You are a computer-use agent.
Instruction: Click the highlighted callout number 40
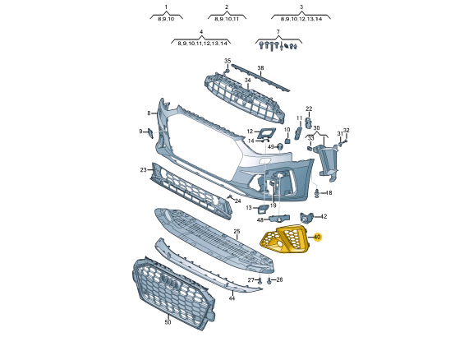(x=317, y=238)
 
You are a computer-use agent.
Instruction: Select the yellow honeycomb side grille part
(x=283, y=239)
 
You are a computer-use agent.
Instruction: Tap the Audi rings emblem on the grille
(x=170, y=281)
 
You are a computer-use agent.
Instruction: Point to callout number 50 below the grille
(x=168, y=322)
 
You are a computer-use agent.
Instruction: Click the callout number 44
(x=232, y=298)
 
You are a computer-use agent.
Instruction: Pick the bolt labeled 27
(x=260, y=280)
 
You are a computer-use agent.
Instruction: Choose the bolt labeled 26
(x=269, y=281)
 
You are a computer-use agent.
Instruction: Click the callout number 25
(x=237, y=232)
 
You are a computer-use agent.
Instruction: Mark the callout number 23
(x=144, y=169)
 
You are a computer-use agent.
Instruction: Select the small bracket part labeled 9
(x=150, y=133)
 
